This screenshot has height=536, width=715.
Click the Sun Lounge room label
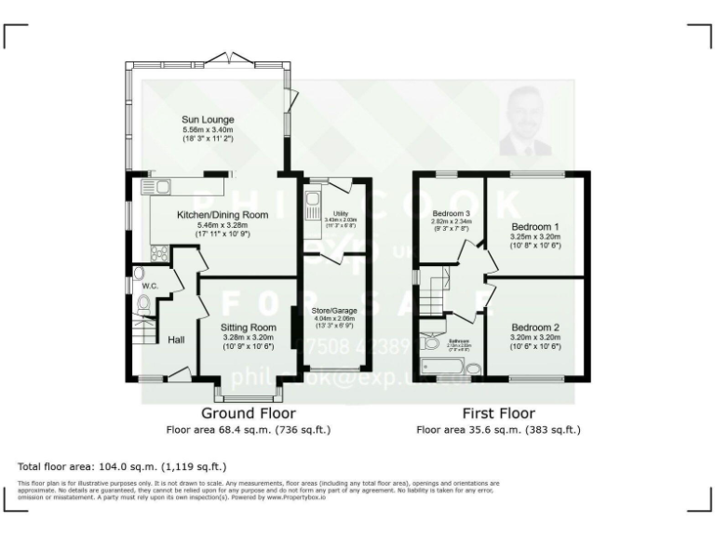[207, 119]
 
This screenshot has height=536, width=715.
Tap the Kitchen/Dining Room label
[222, 215]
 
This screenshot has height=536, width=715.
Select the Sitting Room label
[249, 328]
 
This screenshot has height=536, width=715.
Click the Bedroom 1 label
[535, 226]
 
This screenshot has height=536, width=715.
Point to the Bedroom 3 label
[451, 213]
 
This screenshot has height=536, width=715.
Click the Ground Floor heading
[249, 413]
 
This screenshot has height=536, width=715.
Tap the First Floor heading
[498, 413]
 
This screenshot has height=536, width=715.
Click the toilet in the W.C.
[143, 305]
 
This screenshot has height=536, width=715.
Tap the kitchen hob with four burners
[159, 250]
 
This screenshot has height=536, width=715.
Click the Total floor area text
[122, 466]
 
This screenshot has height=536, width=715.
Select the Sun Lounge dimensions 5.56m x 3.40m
[207, 130]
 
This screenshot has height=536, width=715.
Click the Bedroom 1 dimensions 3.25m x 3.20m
[535, 237]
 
